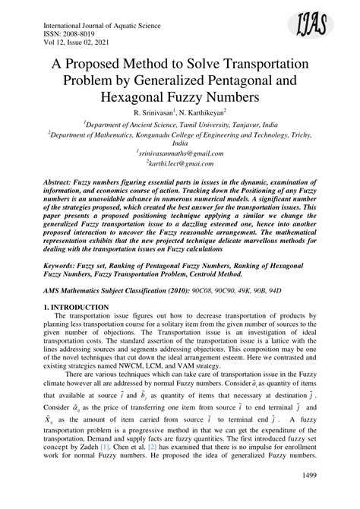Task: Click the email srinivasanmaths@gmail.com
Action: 181,152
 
